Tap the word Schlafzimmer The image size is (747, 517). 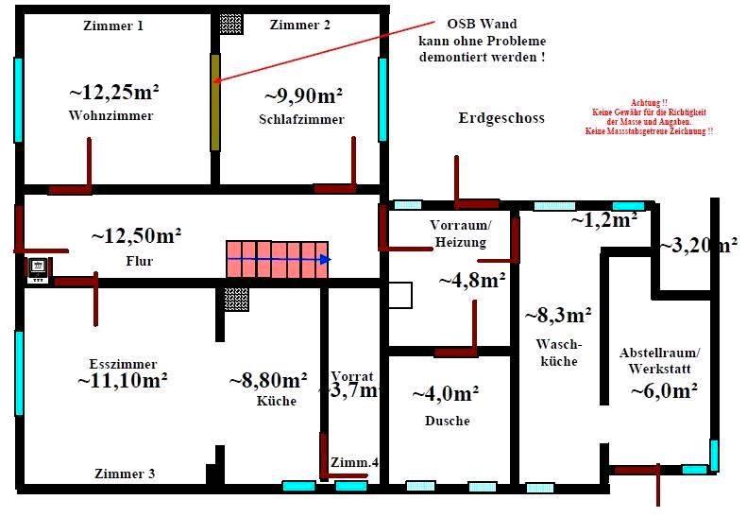point(301,119)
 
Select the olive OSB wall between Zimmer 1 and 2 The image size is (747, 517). point(215,101)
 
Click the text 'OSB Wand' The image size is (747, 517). point(482,25)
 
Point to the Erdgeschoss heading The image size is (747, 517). point(501,118)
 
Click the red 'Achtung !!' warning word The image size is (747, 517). point(649,102)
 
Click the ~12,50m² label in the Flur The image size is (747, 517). point(136,235)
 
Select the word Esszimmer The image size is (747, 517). point(123,364)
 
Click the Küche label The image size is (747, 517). point(276,401)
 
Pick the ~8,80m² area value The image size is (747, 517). point(268,381)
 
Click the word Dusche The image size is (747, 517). point(448,421)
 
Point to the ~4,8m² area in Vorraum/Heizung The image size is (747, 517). point(471,281)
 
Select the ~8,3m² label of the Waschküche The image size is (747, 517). point(558,316)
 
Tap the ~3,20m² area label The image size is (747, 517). point(699,246)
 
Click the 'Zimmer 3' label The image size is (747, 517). point(125,474)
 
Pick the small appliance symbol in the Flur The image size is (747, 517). point(39,269)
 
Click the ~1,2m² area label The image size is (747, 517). point(603,220)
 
